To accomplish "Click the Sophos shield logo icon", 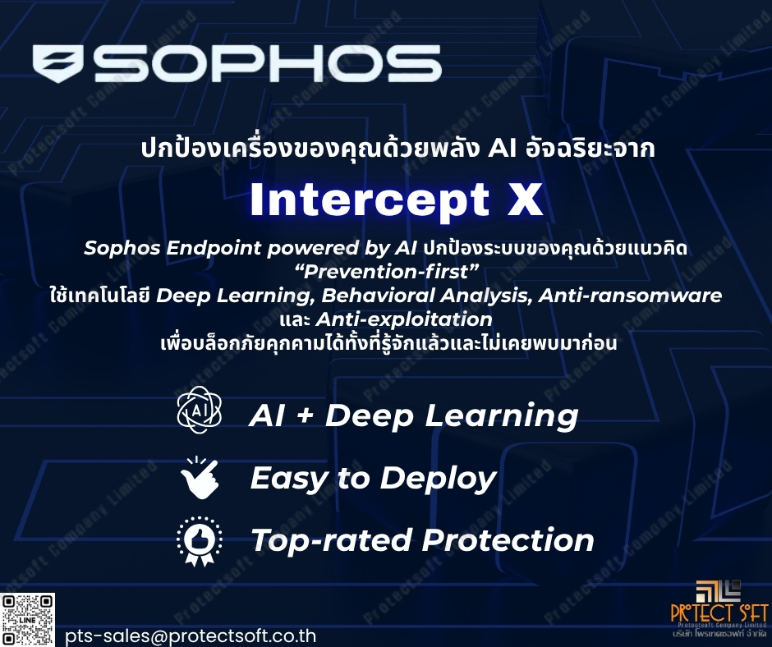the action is [58, 63].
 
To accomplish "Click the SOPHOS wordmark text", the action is [268, 63].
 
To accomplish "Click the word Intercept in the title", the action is [370, 201].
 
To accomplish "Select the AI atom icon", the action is [200, 410].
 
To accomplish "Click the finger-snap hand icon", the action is [200, 477].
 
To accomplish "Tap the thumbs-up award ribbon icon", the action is [200, 540].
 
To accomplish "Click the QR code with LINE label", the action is [28, 620].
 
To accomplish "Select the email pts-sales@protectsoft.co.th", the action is [191, 636].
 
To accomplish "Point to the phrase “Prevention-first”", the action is [389, 271].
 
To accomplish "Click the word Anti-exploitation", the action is [404, 319].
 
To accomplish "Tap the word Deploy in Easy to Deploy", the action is [439, 479].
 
